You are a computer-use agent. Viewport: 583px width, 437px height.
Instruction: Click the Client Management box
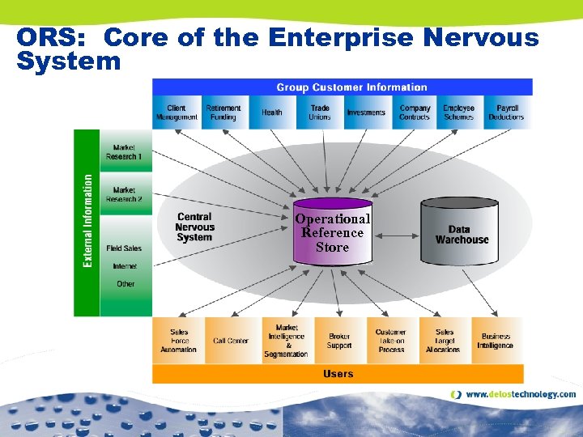pos(177,112)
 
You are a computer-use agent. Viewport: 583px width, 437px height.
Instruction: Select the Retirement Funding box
pos(223,112)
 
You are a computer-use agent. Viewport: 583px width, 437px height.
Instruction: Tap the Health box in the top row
pos(272,112)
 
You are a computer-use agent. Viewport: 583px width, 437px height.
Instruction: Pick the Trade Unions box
pos(320,112)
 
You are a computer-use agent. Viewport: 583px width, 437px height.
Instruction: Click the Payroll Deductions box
pos(507,112)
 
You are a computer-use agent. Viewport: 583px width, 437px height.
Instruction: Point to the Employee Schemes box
pos(459,112)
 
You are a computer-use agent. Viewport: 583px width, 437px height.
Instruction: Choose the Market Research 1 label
pos(125,152)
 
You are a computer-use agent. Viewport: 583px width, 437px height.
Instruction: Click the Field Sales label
pos(125,248)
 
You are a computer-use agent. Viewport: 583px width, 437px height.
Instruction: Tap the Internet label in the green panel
pos(125,266)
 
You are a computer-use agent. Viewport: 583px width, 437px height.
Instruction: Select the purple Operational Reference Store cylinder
pos(333,233)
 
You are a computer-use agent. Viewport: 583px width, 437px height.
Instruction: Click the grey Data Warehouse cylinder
pos(462,234)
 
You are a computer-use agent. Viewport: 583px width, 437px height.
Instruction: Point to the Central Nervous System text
pos(194,227)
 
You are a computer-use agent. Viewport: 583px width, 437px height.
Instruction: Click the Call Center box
pos(231,341)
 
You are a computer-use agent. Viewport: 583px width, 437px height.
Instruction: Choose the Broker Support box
pos(339,341)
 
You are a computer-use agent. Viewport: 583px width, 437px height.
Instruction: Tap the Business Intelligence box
pos(495,341)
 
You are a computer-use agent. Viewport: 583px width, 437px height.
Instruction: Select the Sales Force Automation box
pos(178,341)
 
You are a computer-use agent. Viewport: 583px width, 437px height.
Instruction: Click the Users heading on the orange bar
pos(338,374)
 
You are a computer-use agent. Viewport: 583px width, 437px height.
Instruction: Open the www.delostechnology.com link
pos(521,395)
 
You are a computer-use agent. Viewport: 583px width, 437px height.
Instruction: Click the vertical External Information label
pos(87,223)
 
